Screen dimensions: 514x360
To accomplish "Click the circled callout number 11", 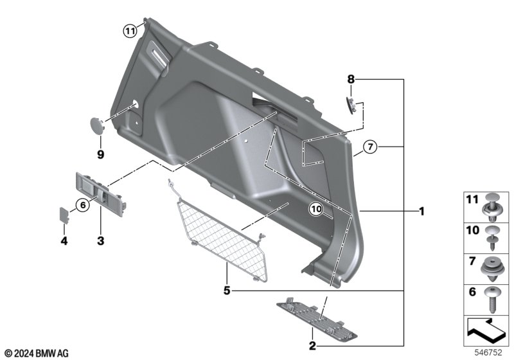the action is [130, 31].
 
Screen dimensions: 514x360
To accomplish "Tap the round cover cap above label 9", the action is [97, 125].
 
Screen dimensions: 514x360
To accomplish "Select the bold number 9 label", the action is [101, 154].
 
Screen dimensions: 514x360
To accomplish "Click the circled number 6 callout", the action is [83, 205].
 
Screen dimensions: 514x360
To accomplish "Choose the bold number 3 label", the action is [101, 240].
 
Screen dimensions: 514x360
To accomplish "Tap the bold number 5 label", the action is [227, 291].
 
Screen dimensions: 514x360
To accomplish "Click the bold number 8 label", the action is [351, 79].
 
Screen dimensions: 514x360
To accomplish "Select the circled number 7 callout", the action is [370, 147].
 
